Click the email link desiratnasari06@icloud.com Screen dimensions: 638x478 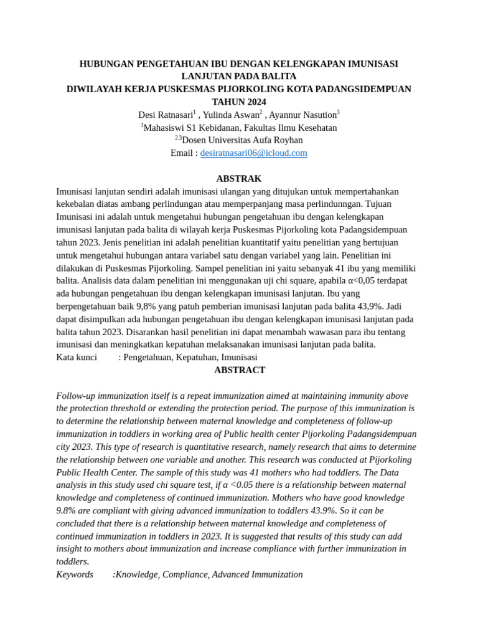tap(253, 153)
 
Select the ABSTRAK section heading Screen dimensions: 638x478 tap(238, 179)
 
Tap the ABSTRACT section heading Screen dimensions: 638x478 tap(240, 370)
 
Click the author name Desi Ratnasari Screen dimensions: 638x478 tap(165, 115)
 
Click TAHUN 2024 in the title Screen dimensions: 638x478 tap(238, 102)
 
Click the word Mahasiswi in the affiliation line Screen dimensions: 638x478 tap(162, 128)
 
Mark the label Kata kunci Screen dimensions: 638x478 tap(77, 358)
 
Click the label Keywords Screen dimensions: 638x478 tap(75, 574)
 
